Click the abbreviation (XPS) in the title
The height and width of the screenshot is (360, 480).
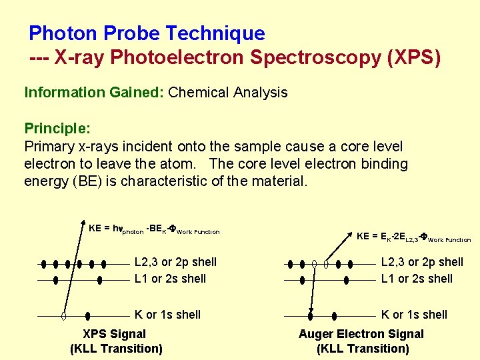(x=413, y=58)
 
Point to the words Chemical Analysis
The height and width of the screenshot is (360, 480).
(x=228, y=93)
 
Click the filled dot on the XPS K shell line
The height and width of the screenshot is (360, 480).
(x=89, y=315)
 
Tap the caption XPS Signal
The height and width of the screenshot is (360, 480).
(x=114, y=334)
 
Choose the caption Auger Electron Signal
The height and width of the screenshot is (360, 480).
(x=361, y=334)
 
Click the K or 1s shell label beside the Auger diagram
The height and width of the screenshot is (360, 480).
(x=414, y=315)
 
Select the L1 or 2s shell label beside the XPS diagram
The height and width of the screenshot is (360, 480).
(x=170, y=279)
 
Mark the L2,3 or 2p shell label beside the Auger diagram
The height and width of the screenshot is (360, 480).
(x=422, y=263)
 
